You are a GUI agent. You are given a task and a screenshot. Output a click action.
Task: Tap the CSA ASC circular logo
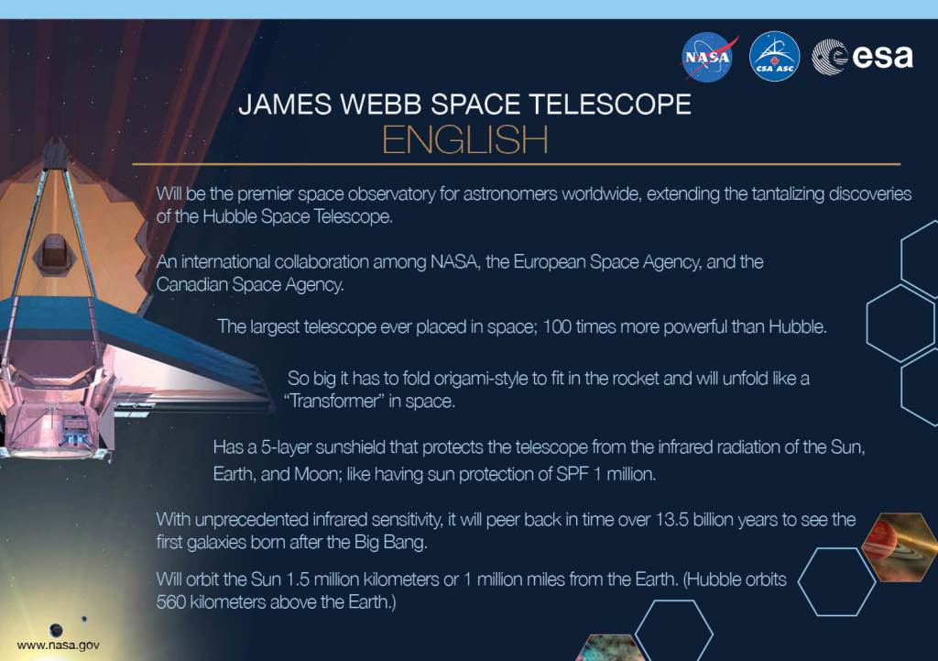(x=774, y=57)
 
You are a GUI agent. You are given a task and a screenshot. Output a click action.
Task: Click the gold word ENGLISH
(x=464, y=141)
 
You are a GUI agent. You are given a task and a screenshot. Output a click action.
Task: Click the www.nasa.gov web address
(x=59, y=644)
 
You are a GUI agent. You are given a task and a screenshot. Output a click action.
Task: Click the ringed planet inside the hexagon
(x=900, y=546)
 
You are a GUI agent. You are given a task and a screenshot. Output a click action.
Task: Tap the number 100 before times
(x=557, y=327)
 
